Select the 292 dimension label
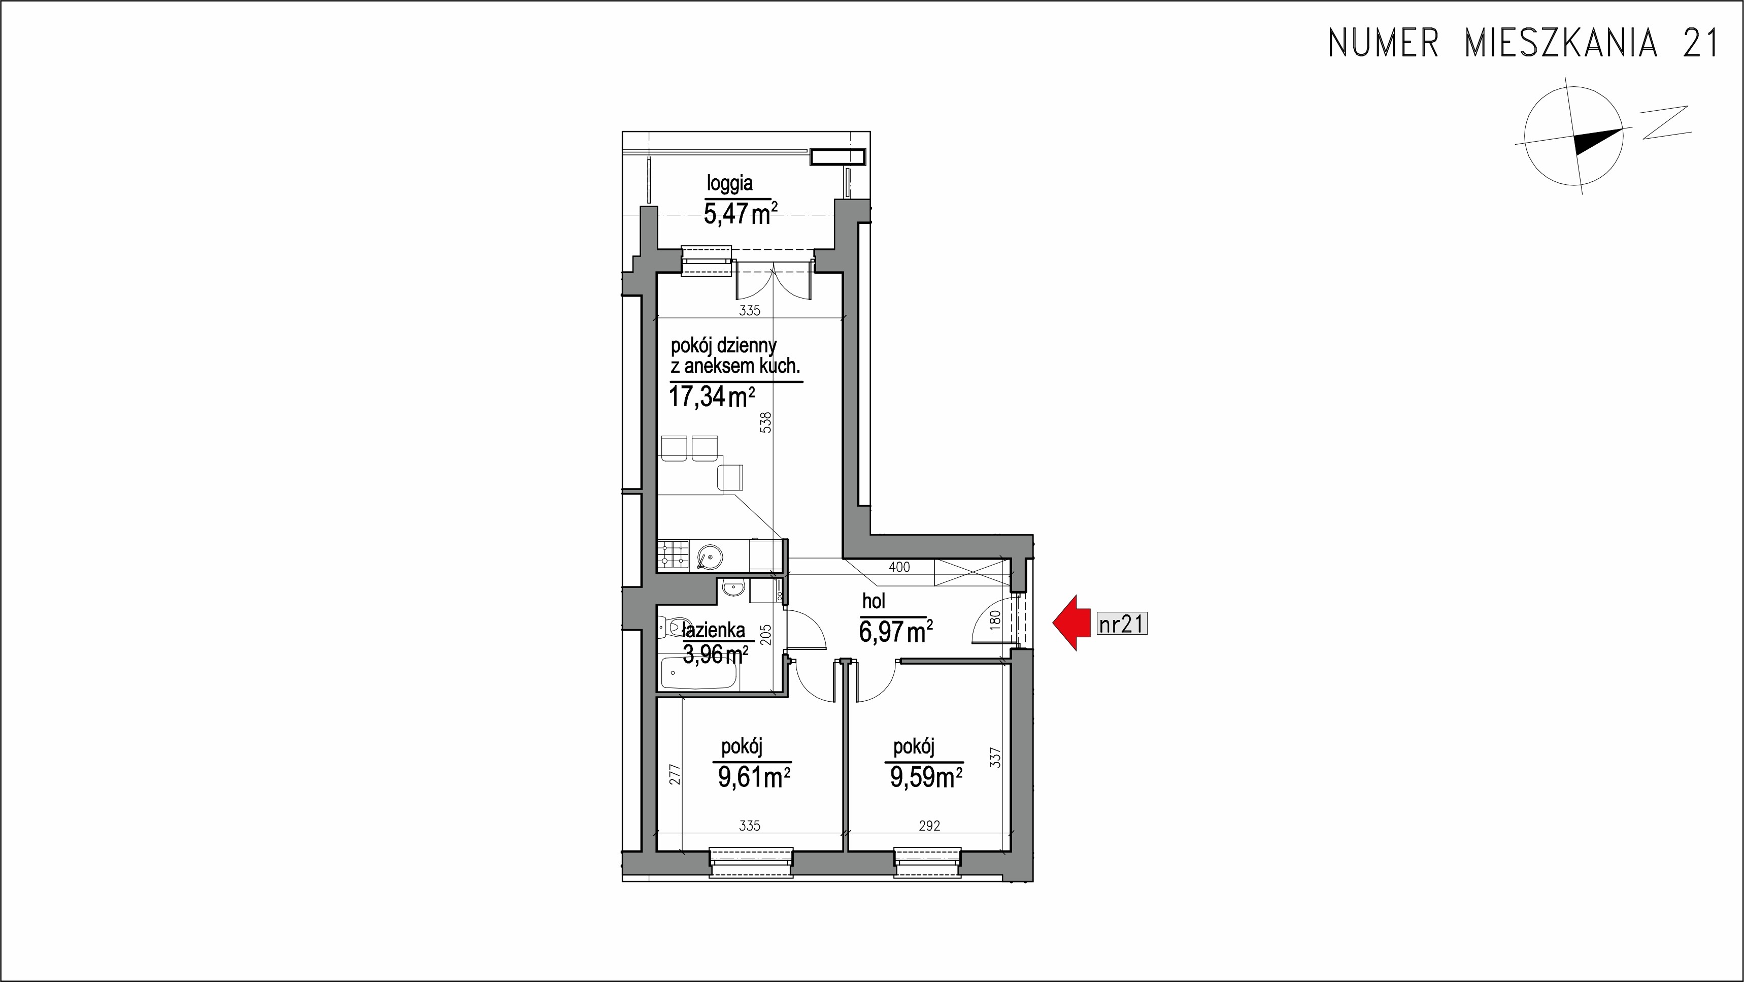929,826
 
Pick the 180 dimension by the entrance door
994,620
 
